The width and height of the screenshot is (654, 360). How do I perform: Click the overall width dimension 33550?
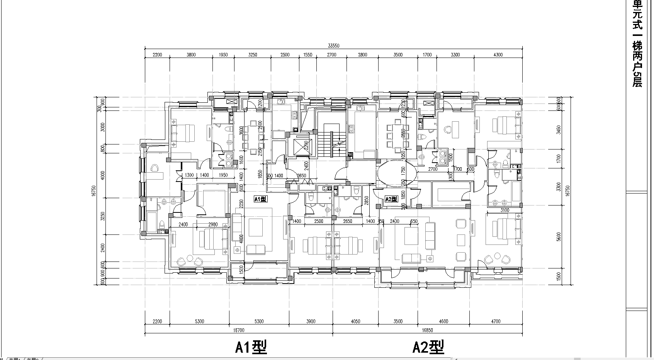pos(333,46)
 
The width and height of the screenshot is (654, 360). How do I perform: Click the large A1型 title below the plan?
pos(251,347)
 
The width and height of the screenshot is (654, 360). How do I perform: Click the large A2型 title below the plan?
pos(428,347)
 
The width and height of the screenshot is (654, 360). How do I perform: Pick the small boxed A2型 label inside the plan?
pos(391,199)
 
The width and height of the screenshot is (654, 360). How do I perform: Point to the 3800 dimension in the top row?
pos(191,55)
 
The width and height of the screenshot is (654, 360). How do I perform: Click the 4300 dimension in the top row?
pos(498,55)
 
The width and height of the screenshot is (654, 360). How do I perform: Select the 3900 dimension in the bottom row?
pos(311,321)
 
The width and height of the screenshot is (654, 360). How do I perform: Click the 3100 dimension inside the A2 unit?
pos(505,211)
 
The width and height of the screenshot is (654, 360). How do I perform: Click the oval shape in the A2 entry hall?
pos(397,174)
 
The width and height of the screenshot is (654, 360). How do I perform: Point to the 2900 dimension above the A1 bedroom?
pos(213,224)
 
